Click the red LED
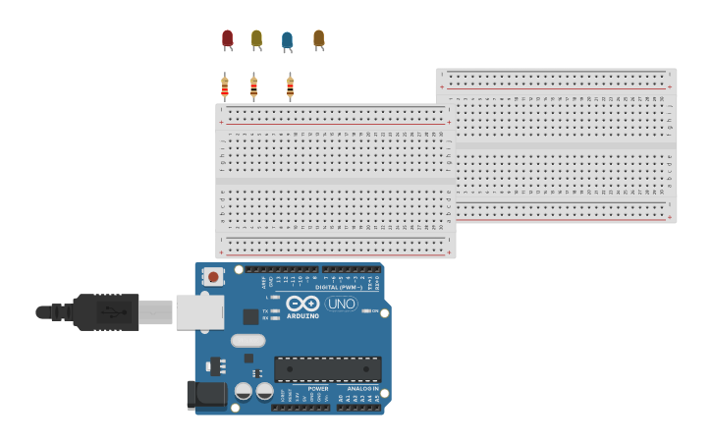point(227,38)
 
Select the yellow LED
point(256,38)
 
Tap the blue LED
point(287,40)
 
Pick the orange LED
point(318,38)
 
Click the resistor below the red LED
point(225,87)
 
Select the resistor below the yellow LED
point(253,87)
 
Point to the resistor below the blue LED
point(290,87)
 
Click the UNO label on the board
point(342,304)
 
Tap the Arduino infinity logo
point(303,304)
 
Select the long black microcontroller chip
point(327,369)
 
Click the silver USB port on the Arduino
point(199,312)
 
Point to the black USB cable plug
point(106,312)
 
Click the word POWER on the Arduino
point(318,388)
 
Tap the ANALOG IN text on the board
point(362,388)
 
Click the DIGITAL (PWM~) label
point(337,287)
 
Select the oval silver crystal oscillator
point(247,341)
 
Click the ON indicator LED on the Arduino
point(365,311)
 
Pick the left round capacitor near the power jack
point(244,391)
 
